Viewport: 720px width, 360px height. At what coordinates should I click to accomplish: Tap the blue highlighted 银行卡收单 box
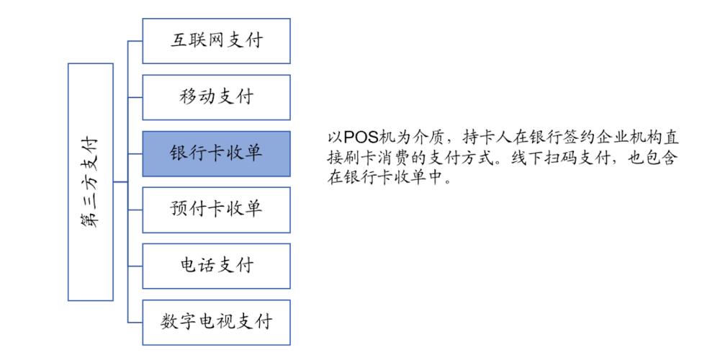click(x=216, y=154)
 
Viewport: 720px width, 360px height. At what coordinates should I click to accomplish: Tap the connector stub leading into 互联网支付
click(x=135, y=41)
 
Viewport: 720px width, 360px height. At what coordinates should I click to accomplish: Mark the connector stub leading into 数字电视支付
click(x=135, y=323)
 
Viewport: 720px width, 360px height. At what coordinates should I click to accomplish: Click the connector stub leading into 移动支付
click(x=135, y=97)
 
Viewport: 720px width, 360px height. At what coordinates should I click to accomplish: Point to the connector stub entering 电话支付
click(x=135, y=266)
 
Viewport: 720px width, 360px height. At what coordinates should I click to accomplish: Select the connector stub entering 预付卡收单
click(x=135, y=210)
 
